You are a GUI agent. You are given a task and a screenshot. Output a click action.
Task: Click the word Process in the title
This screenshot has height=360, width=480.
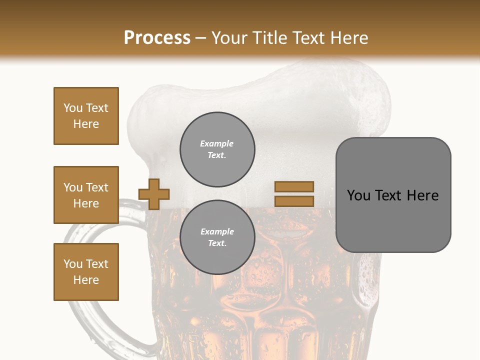(x=157, y=37)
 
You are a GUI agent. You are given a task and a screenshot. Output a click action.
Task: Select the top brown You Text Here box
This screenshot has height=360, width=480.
(x=86, y=116)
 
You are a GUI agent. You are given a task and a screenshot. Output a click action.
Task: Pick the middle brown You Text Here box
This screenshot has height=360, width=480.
(x=86, y=195)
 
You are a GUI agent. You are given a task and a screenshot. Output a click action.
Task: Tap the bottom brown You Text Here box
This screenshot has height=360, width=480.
(x=86, y=272)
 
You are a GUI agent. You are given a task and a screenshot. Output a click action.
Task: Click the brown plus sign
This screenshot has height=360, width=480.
(x=154, y=194)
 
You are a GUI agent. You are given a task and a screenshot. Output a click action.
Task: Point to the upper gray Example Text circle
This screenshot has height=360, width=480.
(x=217, y=149)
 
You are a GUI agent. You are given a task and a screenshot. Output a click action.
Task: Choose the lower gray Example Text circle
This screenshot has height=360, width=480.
(x=217, y=237)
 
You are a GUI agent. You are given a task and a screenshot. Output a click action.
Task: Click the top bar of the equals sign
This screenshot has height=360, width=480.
(x=294, y=186)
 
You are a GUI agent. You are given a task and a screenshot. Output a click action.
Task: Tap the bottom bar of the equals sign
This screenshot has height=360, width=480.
(x=294, y=201)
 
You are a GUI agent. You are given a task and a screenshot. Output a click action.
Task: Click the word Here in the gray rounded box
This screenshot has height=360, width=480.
(x=422, y=195)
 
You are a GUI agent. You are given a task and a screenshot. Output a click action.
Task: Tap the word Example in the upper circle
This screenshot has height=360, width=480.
(x=217, y=143)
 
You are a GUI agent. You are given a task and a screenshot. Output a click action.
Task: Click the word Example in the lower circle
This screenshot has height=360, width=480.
(x=217, y=231)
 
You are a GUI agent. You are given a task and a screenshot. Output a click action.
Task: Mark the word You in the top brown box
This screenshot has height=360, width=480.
(x=73, y=108)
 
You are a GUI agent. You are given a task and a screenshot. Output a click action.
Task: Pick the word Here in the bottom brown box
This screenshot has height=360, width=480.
(x=86, y=280)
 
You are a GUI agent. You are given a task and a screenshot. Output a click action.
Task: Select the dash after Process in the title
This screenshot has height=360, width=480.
(x=201, y=38)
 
